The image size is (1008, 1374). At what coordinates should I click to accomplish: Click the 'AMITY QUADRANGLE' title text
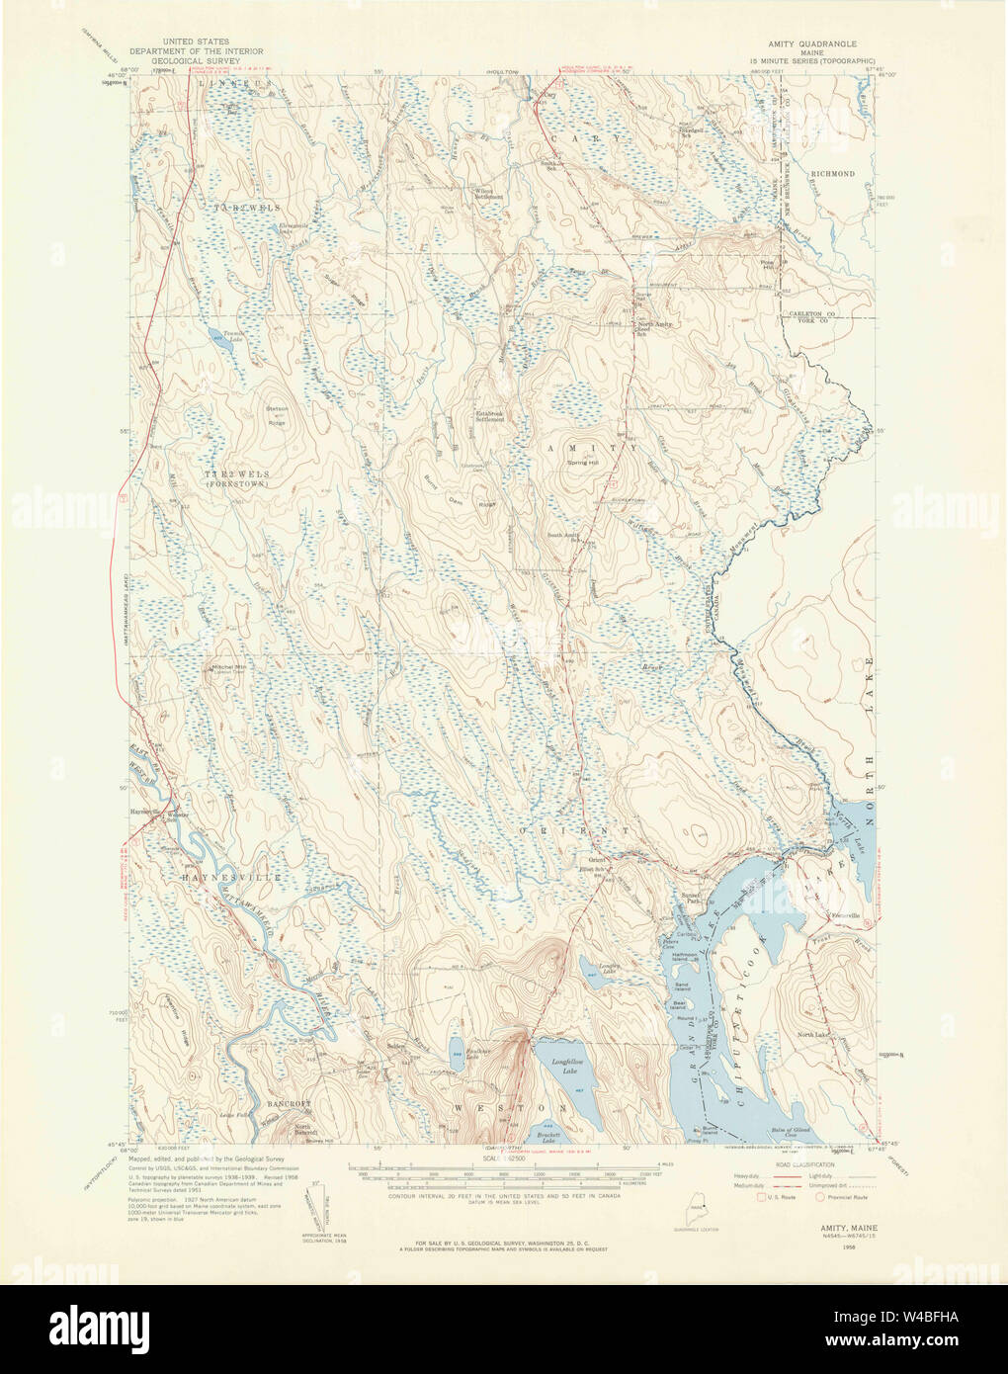point(813,44)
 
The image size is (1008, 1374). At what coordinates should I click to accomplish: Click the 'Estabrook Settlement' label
point(490,416)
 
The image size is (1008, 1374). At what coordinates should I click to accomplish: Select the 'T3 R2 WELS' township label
point(237,475)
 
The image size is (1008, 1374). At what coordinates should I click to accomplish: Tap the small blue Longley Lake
point(599,968)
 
